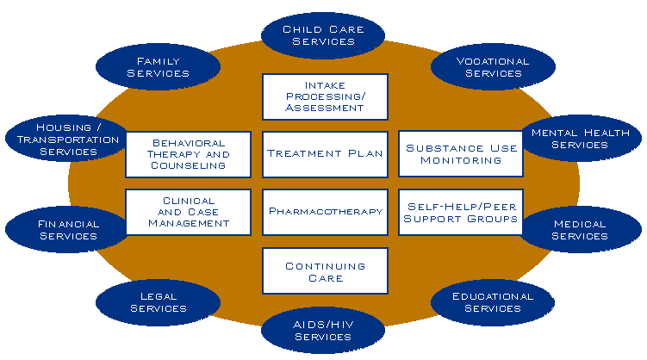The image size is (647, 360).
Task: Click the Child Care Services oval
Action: click(323, 34)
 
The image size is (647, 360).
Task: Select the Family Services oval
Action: click(158, 67)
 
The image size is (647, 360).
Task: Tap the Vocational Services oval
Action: click(493, 67)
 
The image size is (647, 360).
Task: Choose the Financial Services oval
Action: click(68, 230)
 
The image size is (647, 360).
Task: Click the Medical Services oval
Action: click(579, 230)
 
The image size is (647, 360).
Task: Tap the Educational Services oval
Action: click(493, 301)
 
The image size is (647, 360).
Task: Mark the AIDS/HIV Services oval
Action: click(323, 331)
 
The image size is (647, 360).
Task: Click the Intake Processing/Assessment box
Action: click(324, 96)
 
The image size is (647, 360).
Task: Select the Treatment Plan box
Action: click(324, 154)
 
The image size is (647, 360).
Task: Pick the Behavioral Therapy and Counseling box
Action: click(188, 154)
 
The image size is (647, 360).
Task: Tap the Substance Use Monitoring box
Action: click(462, 154)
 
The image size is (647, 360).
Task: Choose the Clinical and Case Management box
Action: click(188, 212)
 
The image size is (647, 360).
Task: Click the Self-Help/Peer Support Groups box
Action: click(462, 212)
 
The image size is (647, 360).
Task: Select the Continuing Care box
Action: click(324, 271)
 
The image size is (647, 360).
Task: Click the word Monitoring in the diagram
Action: click(462, 160)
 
